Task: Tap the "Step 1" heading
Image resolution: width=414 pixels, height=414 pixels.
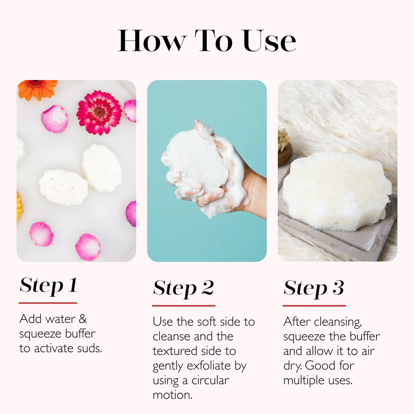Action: tap(48, 286)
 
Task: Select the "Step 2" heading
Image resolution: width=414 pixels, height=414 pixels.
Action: tap(183, 288)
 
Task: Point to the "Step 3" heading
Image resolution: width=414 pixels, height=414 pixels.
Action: tap(314, 288)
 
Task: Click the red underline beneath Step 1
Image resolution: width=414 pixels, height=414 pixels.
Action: tap(48, 303)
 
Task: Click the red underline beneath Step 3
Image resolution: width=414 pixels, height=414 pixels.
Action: tap(314, 306)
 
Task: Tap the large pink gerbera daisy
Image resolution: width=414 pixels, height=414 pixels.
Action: tap(99, 112)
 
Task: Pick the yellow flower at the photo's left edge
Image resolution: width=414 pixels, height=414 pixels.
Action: tap(19, 207)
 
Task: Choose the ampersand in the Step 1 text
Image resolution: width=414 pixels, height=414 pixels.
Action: tap(82, 319)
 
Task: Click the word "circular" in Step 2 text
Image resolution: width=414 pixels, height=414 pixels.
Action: tap(210, 380)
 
